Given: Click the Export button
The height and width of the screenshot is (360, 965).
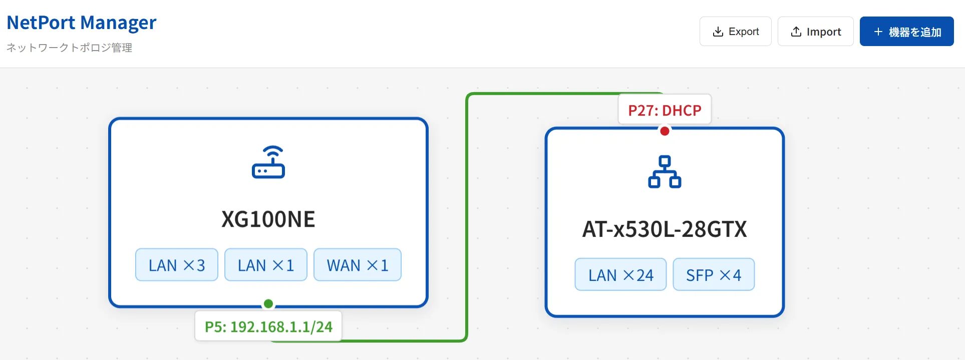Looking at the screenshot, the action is coord(735,32).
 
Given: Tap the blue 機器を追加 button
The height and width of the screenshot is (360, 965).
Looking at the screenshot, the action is coord(906,32).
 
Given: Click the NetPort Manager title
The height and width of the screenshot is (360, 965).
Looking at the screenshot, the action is coord(82,23).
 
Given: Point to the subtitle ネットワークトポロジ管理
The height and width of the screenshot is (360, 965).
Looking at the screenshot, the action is coord(69,48).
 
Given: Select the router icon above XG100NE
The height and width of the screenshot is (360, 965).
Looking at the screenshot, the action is coord(268,162).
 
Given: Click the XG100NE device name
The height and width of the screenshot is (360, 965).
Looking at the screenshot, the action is coord(268,219).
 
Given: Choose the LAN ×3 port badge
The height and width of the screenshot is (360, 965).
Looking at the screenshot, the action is coord(177,265).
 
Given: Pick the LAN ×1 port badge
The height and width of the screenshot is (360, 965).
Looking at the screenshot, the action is coord(266,265).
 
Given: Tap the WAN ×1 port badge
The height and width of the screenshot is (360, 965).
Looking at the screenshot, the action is coord(358,265).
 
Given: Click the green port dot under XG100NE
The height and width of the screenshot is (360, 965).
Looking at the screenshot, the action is coord(268,303).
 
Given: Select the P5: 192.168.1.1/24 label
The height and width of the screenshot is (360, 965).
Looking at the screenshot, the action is coord(268,326).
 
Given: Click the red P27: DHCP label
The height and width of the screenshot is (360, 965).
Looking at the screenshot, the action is coord(665,110).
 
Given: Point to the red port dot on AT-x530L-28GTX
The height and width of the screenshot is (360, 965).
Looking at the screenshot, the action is coord(665,131).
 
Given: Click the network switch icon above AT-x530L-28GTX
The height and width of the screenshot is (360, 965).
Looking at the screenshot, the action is coord(665,172).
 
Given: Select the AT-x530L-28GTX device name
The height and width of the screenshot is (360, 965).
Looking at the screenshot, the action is coord(665,229).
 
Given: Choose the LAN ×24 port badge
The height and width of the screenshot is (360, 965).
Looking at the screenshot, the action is coord(620,274).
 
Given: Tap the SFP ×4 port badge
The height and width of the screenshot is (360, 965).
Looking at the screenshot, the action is coord(714,274).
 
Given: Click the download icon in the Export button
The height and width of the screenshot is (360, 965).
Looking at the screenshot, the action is coord(718,32).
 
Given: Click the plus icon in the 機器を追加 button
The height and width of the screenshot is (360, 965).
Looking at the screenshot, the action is coord(878,32).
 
